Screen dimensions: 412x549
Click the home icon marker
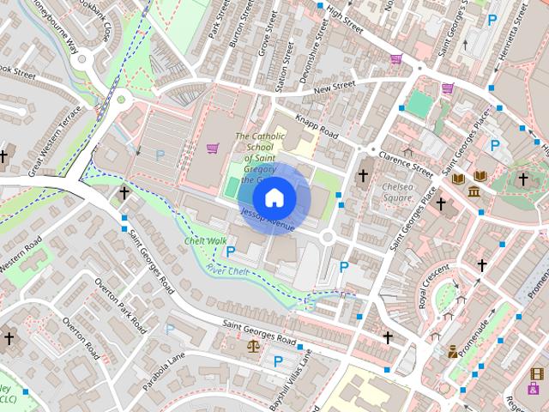click(274, 198)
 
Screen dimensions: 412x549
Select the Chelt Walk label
click(206, 241)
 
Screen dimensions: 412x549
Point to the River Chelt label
click(227, 271)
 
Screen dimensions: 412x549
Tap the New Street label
click(334, 87)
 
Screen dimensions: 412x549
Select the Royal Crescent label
click(433, 287)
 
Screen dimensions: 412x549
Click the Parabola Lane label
click(164, 367)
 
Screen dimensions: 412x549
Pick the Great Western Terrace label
click(53, 142)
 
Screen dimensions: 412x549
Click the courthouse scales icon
click(252, 346)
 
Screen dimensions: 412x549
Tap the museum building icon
click(474, 188)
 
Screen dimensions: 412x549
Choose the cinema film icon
click(537, 374)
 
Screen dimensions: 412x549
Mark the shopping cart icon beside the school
click(212, 148)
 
